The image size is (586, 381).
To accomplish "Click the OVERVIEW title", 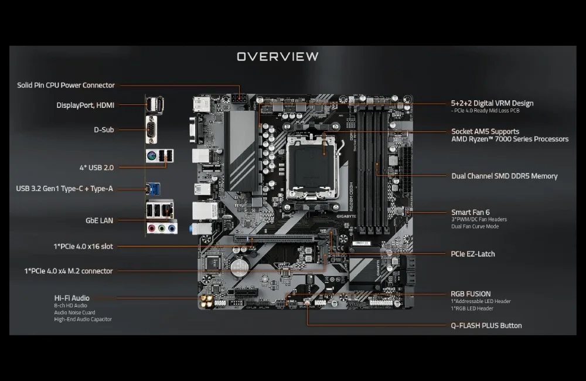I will coord(277,56).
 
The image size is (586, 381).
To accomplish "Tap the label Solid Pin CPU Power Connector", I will coord(66,85).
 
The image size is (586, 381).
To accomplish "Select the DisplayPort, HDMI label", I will coord(85,106).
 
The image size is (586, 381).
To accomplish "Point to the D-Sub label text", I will coord(104,130).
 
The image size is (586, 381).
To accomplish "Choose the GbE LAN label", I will coord(99,221).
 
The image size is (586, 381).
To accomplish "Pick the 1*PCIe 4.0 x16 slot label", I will coord(83,246).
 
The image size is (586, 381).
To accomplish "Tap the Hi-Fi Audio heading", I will coord(71,298).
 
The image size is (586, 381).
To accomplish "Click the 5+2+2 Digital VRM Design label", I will coord(492,103).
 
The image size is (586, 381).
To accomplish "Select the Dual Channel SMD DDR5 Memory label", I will coord(504,176).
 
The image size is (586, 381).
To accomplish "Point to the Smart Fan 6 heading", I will coord(471,212).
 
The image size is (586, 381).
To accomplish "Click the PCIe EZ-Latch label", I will coord(473,254).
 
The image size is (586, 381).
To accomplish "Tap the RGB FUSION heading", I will coord(471,294).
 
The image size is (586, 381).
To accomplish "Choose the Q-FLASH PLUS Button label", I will coord(486,325).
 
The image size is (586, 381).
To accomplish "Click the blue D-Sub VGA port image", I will coord(151,130).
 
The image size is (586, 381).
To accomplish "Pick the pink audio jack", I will coord(151,229).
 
